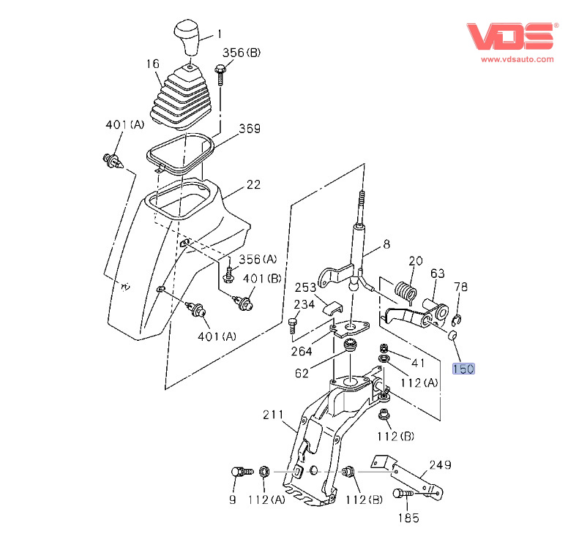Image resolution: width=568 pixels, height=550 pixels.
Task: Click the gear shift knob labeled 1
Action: [188, 37]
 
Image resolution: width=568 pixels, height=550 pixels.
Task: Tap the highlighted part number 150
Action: [463, 369]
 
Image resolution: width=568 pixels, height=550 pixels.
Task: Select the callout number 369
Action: [250, 129]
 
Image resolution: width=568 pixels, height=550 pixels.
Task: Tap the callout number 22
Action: [253, 185]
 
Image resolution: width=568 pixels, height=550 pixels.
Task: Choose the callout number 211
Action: [274, 415]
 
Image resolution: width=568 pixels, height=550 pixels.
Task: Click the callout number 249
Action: [441, 464]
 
